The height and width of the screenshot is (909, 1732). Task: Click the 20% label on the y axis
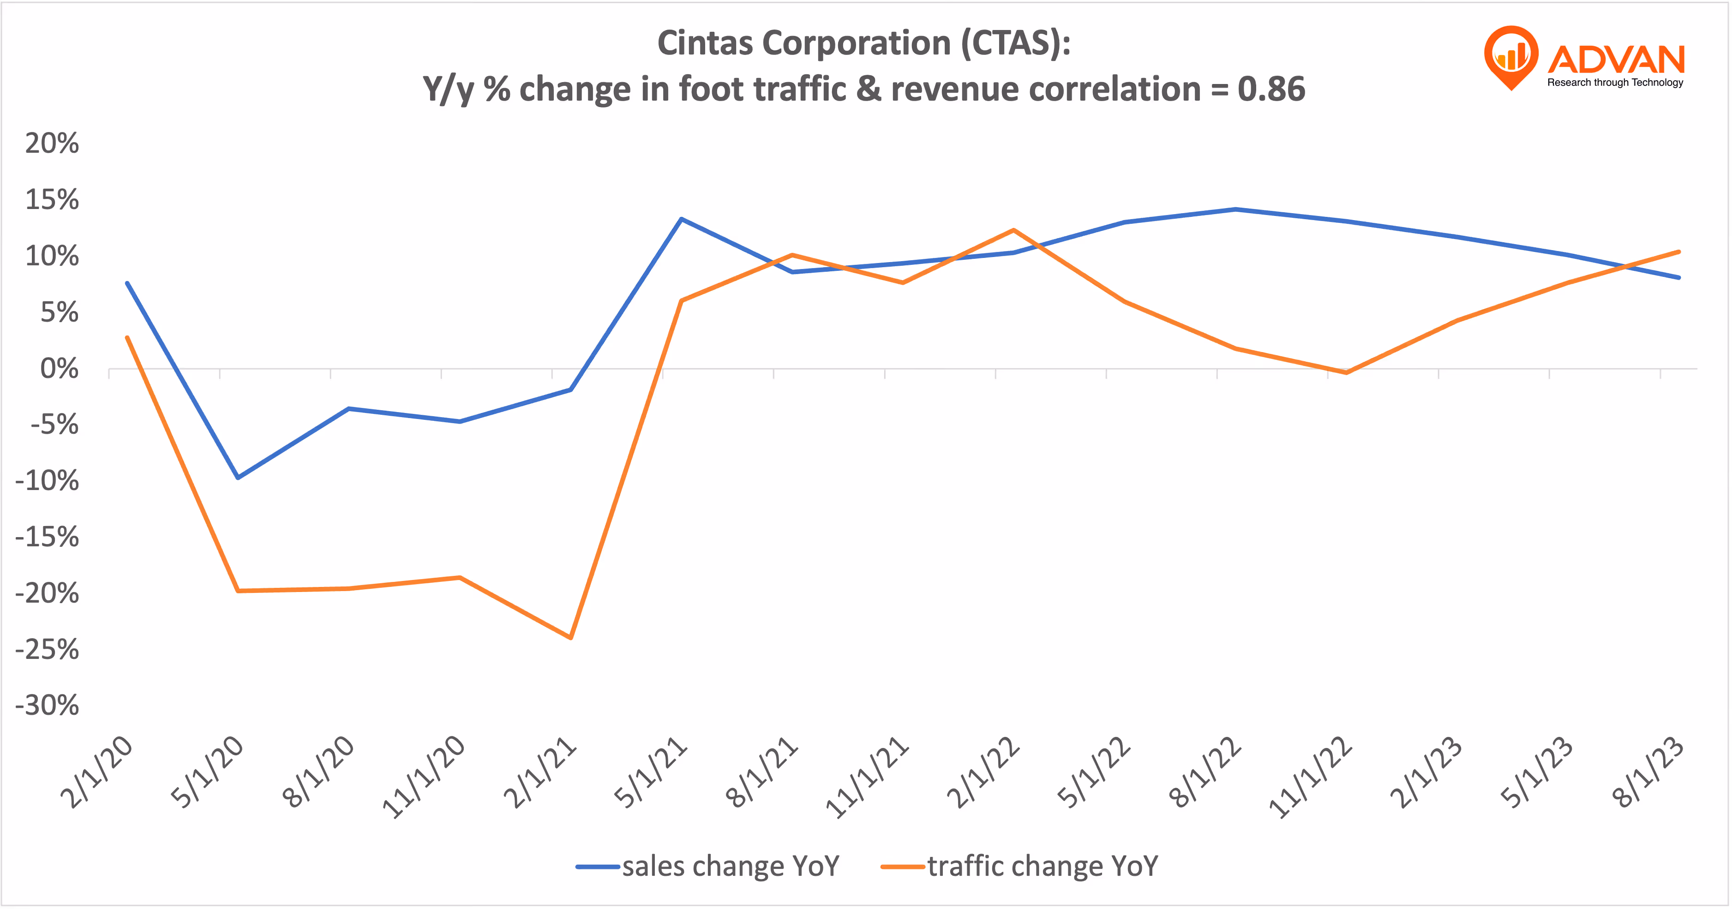pos(52,143)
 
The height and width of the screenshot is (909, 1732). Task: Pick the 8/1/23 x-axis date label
pos(1648,773)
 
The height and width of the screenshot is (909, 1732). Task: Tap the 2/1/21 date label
pos(540,773)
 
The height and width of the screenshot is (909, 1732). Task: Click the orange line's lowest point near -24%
pos(571,637)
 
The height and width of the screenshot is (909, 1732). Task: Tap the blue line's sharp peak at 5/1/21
pos(681,219)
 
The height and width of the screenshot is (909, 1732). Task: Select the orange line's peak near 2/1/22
pos(1013,231)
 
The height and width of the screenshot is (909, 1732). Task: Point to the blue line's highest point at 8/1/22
pos(1235,209)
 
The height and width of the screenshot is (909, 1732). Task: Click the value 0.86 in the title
pos(1271,89)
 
